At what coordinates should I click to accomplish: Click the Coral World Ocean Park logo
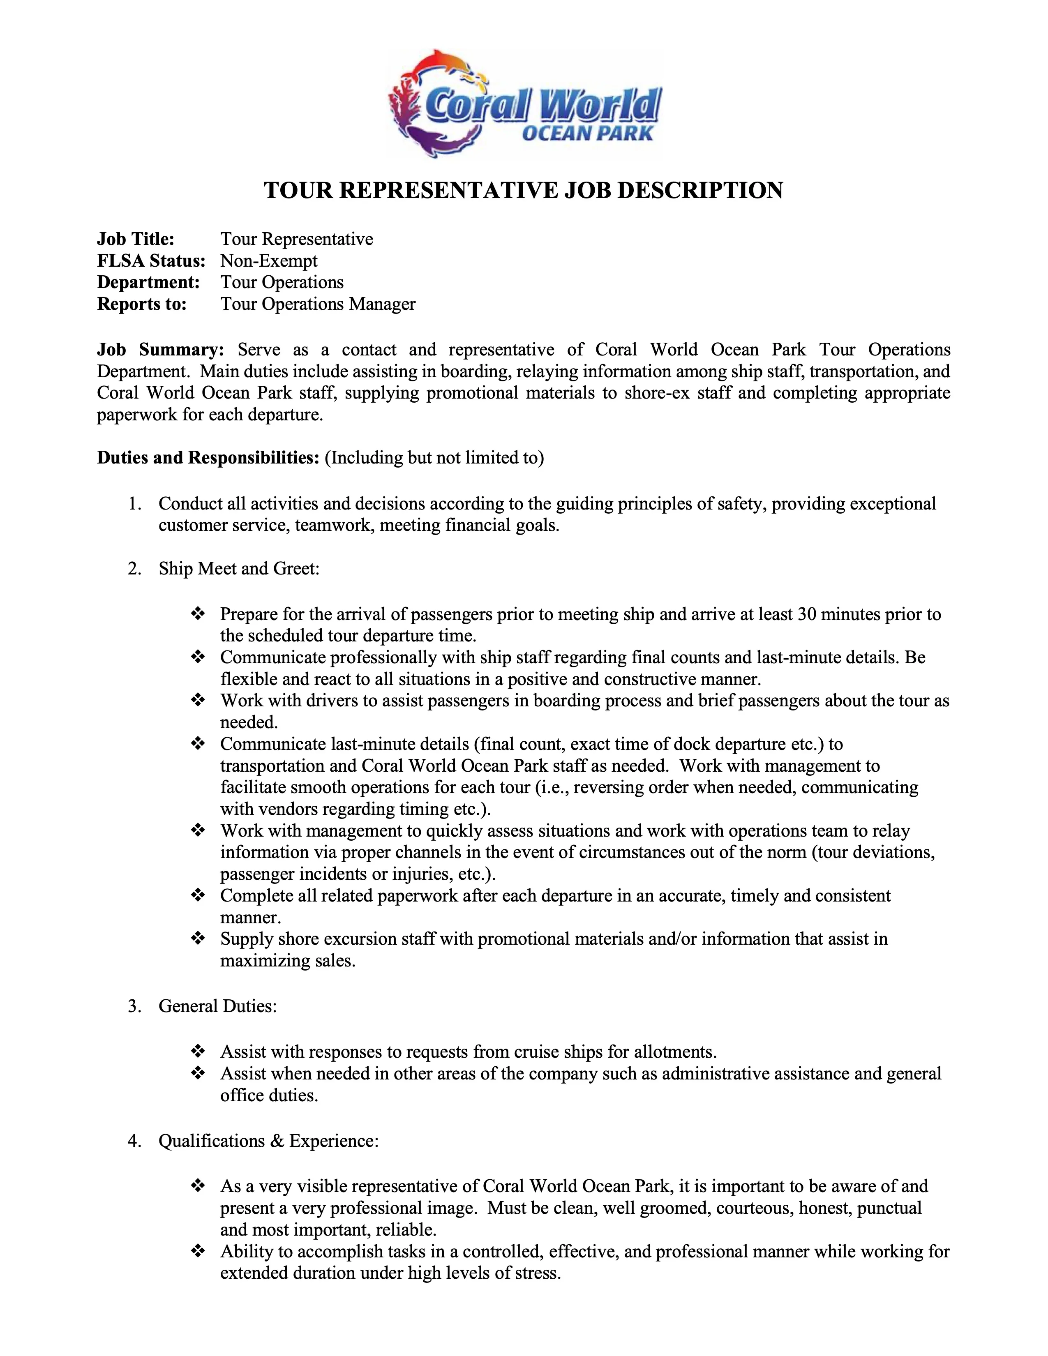525,104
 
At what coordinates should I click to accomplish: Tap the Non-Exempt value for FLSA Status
269,261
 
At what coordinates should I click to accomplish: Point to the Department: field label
148,283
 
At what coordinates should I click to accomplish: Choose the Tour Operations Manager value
318,304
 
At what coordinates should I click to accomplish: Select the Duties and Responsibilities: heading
208,458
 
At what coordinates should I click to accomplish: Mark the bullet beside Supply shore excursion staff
197,939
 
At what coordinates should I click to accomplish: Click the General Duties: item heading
217,1006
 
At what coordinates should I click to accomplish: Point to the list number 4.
134,1141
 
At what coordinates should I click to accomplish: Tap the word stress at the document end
537,1273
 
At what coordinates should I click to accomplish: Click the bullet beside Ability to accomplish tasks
197,1252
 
